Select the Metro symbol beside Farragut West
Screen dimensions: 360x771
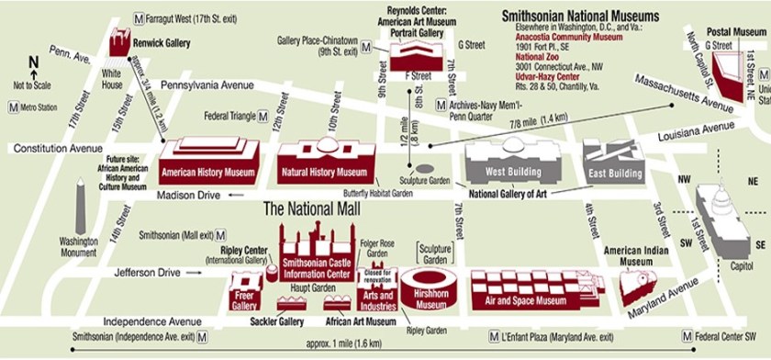pyautogui.click(x=139, y=17)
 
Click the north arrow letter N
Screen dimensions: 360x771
pyautogui.click(x=33, y=62)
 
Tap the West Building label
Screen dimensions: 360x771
pyautogui.click(x=512, y=173)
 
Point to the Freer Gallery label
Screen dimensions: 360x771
pyautogui.click(x=243, y=300)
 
